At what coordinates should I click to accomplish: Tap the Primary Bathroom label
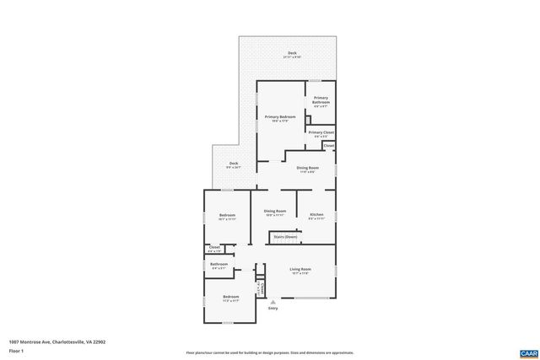tap(321, 101)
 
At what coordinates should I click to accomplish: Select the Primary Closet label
tap(321, 133)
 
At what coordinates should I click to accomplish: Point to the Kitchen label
tap(316, 216)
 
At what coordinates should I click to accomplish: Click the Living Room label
tap(300, 271)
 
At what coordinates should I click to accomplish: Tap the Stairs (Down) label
tap(284, 238)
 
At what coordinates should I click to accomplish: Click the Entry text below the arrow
tap(273, 309)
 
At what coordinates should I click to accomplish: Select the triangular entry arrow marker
tap(273, 302)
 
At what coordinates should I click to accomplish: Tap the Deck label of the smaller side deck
tap(233, 164)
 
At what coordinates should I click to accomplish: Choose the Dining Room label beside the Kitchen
tap(275, 212)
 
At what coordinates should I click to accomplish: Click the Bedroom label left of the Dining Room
tap(227, 217)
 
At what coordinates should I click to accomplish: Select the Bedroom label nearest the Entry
tap(231, 297)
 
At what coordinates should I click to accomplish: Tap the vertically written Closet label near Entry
tap(263, 288)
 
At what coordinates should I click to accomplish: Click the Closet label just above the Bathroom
tap(214, 248)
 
